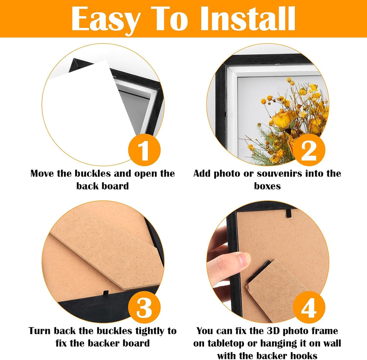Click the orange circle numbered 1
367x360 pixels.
pos(144,150)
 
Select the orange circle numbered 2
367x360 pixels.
pos(309,150)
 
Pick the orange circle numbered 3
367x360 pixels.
pos(144,307)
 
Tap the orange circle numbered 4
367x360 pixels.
pos(309,307)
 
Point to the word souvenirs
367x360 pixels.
pos(279,173)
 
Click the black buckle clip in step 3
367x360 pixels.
pos(106,293)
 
